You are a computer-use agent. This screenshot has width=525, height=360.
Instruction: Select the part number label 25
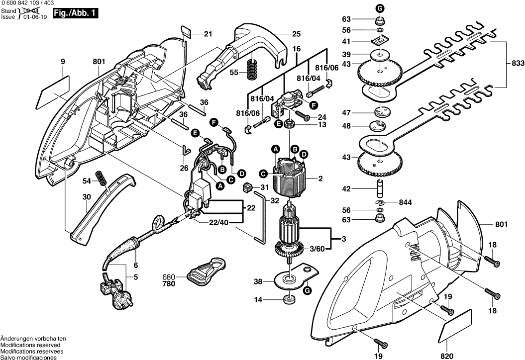pyautogui.click(x=297, y=34)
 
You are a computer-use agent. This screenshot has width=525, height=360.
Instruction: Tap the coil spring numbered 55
pyautogui.click(x=254, y=67)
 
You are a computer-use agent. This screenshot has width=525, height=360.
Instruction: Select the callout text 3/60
pyautogui.click(x=316, y=248)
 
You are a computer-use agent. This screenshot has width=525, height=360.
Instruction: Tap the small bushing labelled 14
pyautogui.click(x=288, y=299)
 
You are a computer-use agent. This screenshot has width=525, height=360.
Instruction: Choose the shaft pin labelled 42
pyautogui.click(x=379, y=189)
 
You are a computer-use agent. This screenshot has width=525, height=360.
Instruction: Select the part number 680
pyautogui.click(x=169, y=276)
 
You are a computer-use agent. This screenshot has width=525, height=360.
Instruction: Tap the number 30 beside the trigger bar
pyautogui.click(x=87, y=197)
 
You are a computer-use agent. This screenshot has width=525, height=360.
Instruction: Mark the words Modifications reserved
pyautogui.click(x=30, y=345)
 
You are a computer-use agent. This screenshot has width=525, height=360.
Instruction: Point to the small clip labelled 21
pyautogui.click(x=185, y=33)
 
